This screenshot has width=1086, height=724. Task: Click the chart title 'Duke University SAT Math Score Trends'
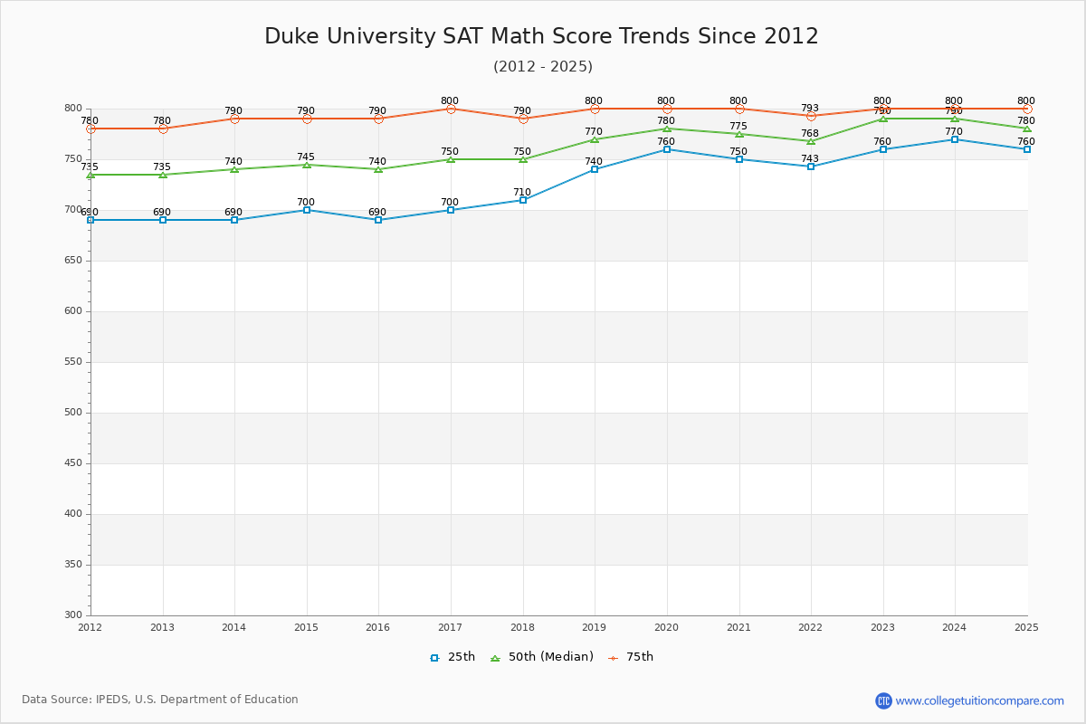(541, 36)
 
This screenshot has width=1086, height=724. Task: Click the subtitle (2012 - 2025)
(543, 67)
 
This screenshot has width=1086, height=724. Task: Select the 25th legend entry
(452, 657)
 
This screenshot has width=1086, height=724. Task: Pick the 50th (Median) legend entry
(542, 657)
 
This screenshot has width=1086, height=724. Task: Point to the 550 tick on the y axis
(72, 362)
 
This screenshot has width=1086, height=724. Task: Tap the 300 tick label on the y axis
(72, 615)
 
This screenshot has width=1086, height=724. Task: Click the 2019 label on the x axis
(594, 627)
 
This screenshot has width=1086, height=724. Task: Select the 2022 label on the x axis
(810, 627)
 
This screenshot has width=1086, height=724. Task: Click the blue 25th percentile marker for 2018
(523, 200)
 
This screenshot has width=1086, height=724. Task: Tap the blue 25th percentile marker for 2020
(667, 149)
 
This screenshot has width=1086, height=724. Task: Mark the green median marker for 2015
(307, 165)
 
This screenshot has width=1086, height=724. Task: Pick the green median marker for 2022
(811, 141)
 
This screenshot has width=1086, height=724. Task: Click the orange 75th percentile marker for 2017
(451, 109)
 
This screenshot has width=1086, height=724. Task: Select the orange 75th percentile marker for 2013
(163, 129)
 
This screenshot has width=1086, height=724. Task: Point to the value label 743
(810, 158)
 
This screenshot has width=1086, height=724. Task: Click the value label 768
(810, 132)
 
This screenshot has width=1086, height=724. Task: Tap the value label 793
(810, 108)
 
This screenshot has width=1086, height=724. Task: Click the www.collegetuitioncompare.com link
(979, 700)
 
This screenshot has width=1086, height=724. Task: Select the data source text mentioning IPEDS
(160, 700)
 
